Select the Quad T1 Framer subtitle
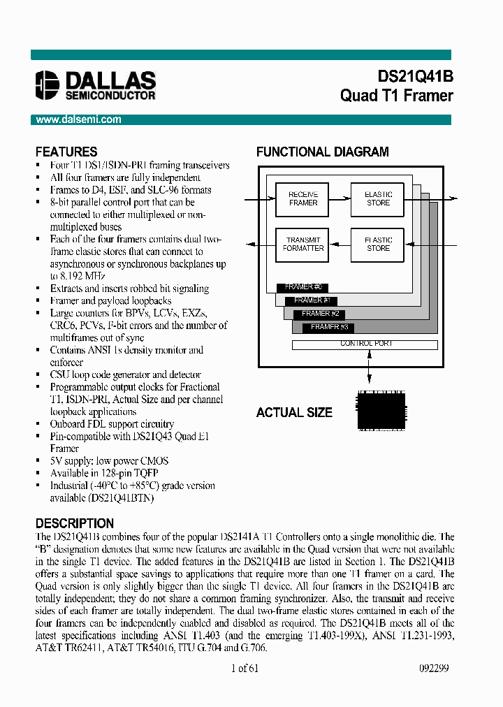[396, 96]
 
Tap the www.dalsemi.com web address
[79, 119]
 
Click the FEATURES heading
[66, 152]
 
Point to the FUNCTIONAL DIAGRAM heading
[322, 152]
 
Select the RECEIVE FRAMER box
[303, 198]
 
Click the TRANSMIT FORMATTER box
[303, 245]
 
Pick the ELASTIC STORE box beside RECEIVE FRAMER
[378, 198]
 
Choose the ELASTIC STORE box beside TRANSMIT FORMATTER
[378, 245]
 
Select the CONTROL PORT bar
[365, 344]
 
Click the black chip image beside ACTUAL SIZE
[381, 409]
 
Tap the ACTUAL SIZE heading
[294, 413]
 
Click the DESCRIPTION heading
[75, 523]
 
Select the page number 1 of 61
[245, 668]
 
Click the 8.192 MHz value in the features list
[75, 276]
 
